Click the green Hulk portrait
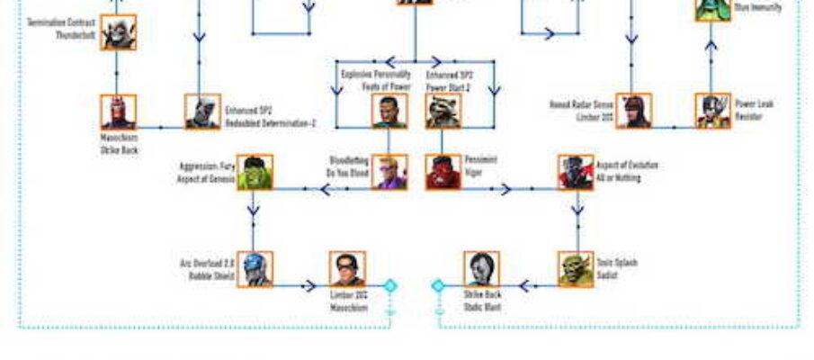click(x=255, y=172)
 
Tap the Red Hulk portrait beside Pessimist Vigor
click(x=443, y=172)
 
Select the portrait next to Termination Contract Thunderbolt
click(x=119, y=32)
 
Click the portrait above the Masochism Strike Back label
click(x=119, y=112)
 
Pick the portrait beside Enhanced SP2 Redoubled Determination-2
click(x=202, y=112)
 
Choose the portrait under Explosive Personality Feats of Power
click(x=389, y=112)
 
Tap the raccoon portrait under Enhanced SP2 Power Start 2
click(x=443, y=112)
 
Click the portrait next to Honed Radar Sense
click(x=633, y=112)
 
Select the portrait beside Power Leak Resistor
click(x=712, y=111)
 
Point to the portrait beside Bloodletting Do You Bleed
click(x=389, y=172)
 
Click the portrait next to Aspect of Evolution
click(x=576, y=172)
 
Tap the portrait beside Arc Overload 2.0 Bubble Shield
click(x=255, y=268)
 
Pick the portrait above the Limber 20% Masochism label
click(x=347, y=268)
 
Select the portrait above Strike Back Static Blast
click(x=482, y=268)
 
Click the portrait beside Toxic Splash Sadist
click(x=576, y=268)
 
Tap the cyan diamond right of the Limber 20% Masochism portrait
click(x=390, y=286)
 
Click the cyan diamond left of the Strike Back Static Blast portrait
click(x=438, y=286)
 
